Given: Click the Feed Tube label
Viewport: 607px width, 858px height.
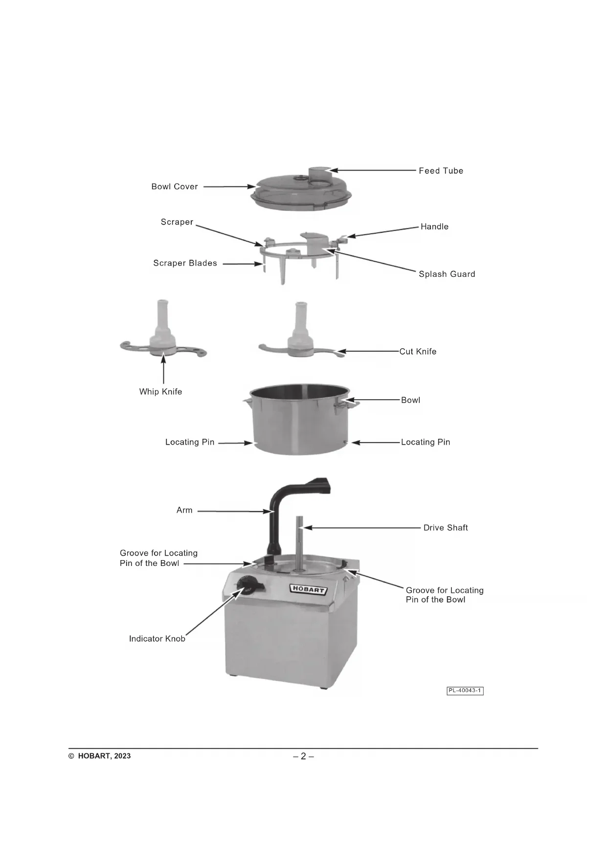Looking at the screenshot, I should [x=441, y=171].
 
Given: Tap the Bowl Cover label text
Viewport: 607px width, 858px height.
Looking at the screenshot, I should [x=175, y=187].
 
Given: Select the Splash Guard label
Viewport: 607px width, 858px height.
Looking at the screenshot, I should [x=447, y=274].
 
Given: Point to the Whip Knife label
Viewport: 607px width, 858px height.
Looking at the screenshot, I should [x=160, y=392].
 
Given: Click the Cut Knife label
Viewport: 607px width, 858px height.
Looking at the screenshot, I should [x=418, y=352].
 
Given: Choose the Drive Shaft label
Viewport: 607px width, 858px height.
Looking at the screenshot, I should [x=446, y=528].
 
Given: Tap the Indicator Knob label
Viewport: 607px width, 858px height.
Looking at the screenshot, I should [x=157, y=639].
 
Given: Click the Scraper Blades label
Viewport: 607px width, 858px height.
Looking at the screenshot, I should [x=185, y=263].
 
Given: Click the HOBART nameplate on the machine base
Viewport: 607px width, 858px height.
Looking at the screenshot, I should [x=308, y=589].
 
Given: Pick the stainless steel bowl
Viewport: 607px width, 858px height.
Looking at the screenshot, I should [x=299, y=419].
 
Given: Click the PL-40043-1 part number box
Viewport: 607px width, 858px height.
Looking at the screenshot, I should [x=465, y=691].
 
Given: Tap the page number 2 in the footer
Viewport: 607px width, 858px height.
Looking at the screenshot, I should [x=303, y=756].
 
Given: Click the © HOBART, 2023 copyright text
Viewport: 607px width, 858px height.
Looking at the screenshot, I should [x=100, y=756].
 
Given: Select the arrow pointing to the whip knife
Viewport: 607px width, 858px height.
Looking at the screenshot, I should [x=163, y=369].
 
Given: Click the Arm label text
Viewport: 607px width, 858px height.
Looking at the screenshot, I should [x=184, y=510].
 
